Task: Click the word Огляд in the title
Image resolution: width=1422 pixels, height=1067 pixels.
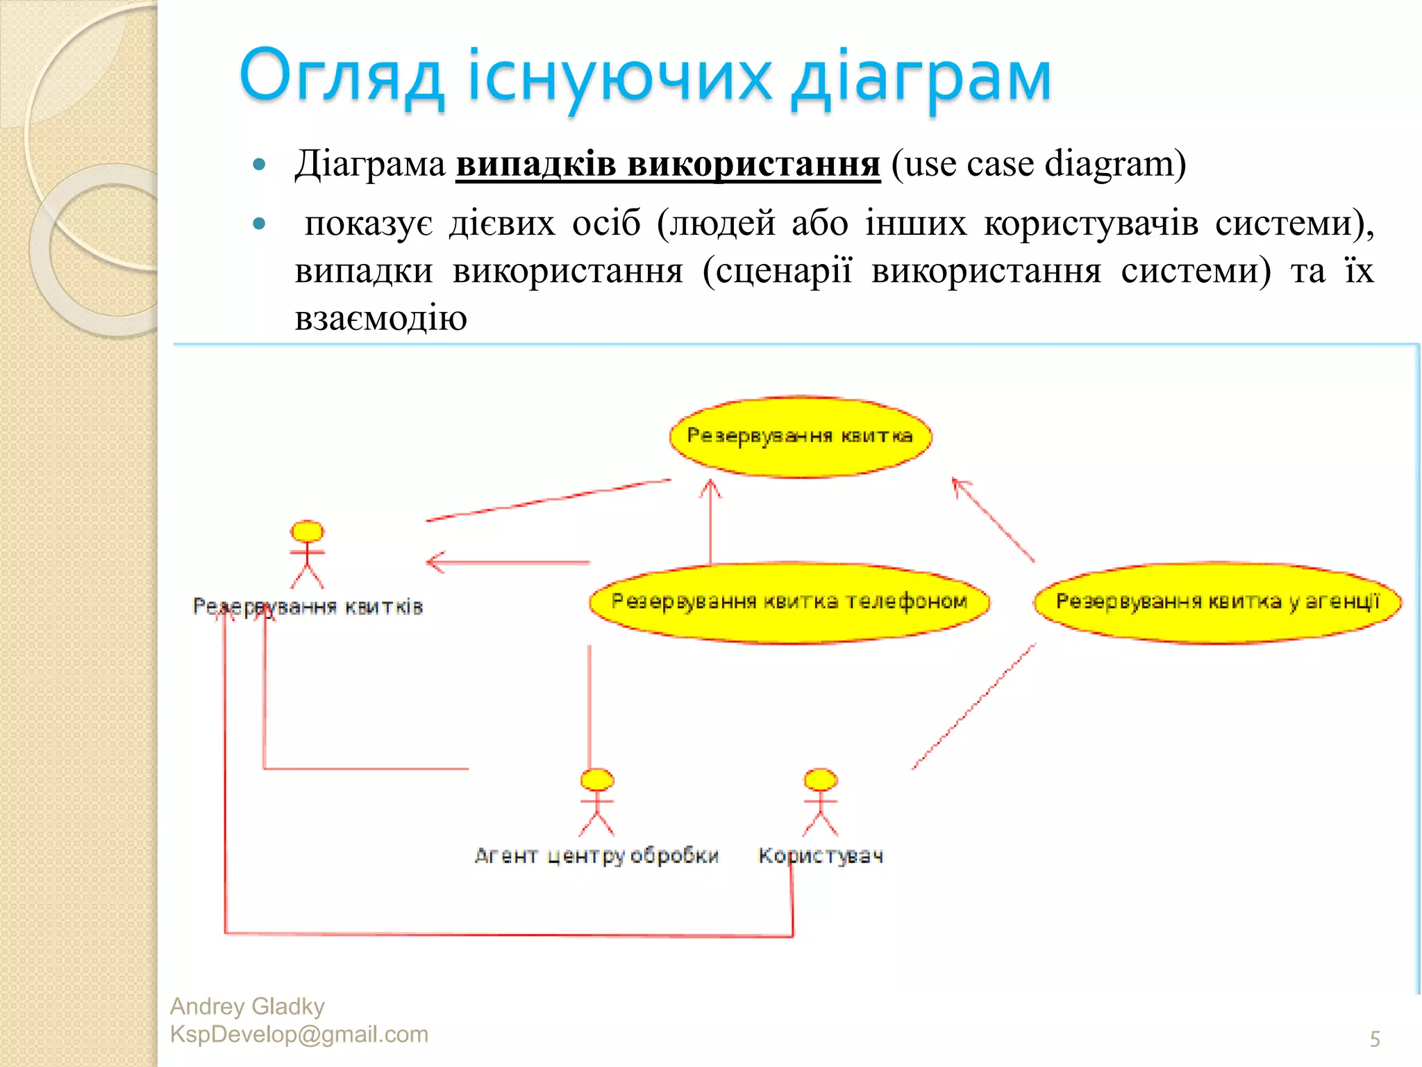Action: click(340, 76)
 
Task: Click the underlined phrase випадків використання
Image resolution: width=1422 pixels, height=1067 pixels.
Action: click(667, 165)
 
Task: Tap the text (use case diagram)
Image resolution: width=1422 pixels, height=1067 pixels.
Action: click(1038, 165)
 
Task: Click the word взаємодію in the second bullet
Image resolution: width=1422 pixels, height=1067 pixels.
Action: click(380, 319)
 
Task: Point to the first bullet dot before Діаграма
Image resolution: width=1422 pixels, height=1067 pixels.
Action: click(260, 165)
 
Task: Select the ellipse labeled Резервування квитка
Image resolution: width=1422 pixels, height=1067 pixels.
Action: click(800, 437)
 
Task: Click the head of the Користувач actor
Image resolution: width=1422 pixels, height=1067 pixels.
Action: click(821, 779)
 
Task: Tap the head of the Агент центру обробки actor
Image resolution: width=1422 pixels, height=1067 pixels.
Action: click(597, 779)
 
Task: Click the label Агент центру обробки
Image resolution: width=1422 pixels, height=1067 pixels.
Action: click(596, 856)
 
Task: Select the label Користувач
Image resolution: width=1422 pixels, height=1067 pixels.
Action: click(821, 856)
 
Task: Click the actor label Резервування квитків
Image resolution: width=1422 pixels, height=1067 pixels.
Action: click(308, 607)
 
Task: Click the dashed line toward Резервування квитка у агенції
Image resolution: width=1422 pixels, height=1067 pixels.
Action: click(973, 706)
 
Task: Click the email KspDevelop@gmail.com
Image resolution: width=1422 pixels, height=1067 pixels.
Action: click(299, 1034)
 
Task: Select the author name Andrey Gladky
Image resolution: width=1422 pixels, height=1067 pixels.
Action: click(247, 1007)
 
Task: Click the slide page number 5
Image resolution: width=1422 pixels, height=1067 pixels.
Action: click(1374, 1039)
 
